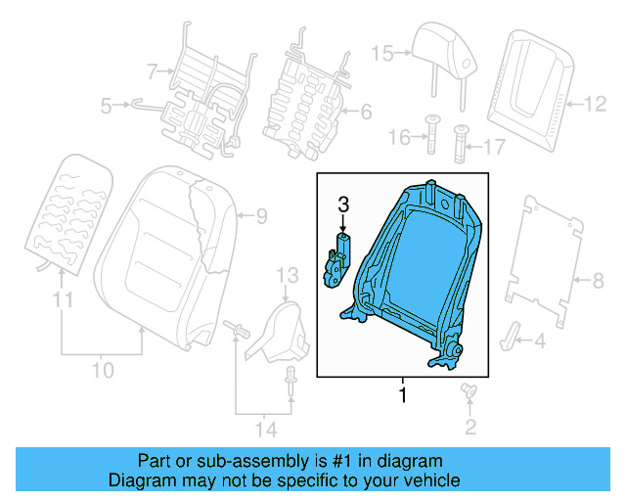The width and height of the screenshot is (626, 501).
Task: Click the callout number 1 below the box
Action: (x=401, y=396)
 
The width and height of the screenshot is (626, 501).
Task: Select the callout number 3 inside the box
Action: (x=342, y=205)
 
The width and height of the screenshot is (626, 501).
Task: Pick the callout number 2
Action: (x=470, y=426)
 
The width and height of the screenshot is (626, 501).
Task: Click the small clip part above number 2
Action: (x=468, y=391)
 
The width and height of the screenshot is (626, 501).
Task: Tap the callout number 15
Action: (x=380, y=53)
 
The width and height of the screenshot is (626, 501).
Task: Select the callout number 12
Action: (x=595, y=101)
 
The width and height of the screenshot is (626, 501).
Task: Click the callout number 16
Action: (x=397, y=138)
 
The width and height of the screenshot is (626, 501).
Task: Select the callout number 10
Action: (x=103, y=370)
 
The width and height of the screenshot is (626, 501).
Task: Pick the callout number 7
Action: (x=151, y=70)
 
